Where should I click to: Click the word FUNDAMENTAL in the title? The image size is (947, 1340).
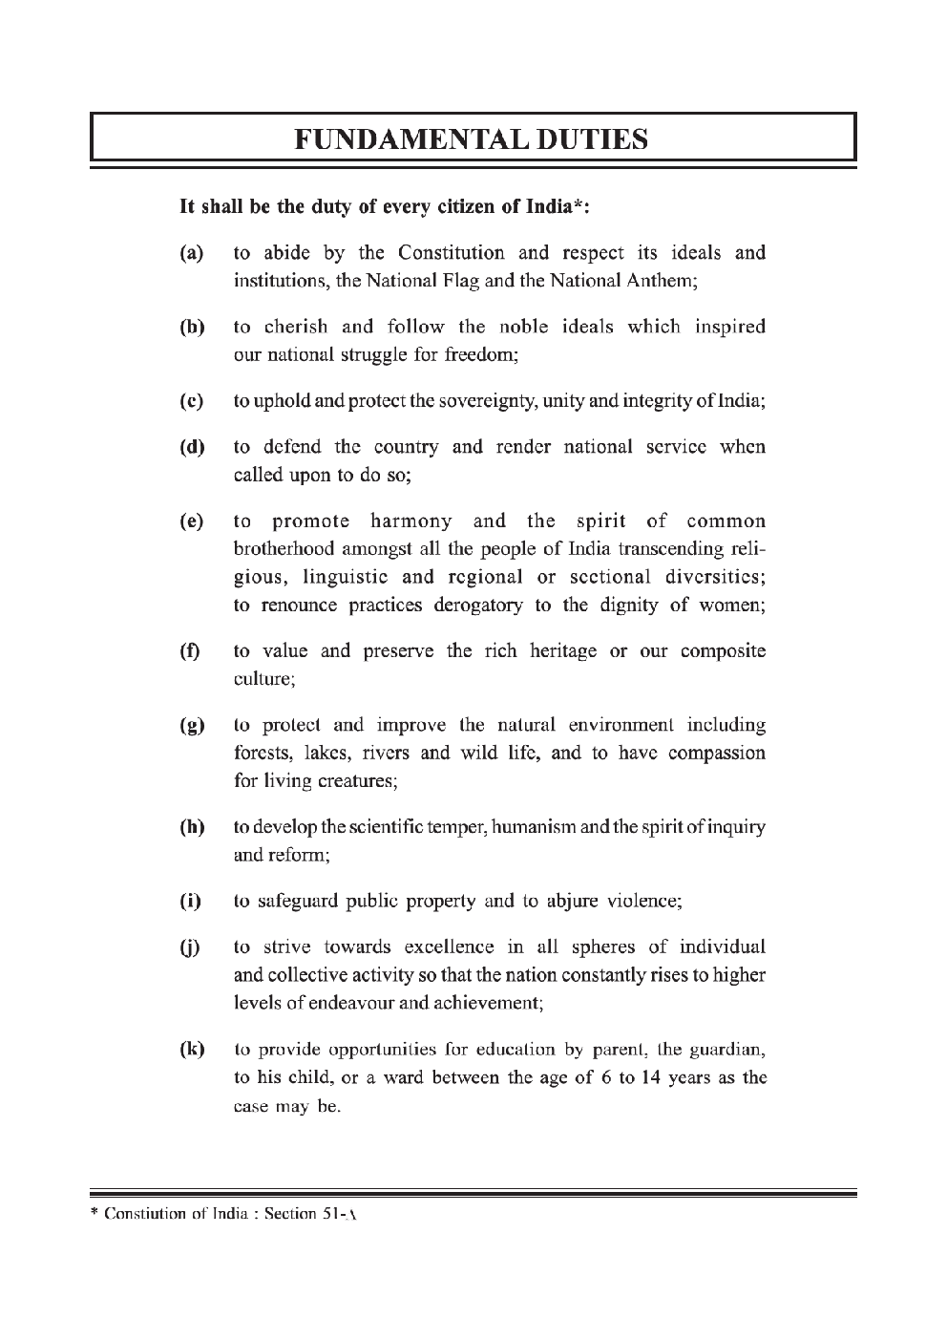pos(398,139)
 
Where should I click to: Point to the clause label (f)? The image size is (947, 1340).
pos(191,652)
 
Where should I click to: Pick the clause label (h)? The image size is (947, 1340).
pos(192,828)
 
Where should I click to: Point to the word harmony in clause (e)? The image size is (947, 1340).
pos(410,521)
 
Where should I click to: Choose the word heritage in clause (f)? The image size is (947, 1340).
pos(558,651)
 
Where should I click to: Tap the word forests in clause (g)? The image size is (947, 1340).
pos(262,754)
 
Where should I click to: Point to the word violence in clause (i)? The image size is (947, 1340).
pos(642,902)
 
